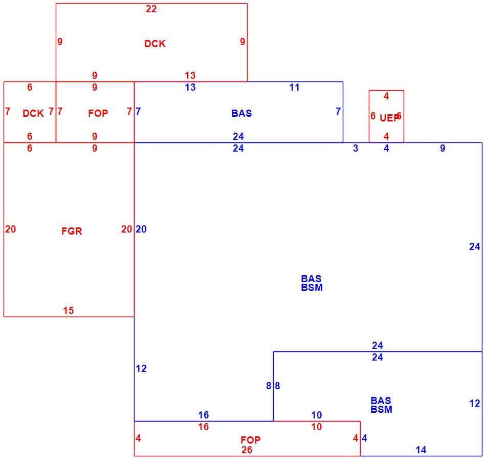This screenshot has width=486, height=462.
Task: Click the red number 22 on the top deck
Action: coord(151,9)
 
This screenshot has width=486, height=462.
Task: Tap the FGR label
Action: coord(72,231)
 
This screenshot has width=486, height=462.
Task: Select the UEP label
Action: coord(389,118)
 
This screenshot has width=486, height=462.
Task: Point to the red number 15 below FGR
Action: coord(69,310)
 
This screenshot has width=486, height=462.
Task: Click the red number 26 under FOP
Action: coord(247,450)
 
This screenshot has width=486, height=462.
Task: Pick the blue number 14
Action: coord(421,450)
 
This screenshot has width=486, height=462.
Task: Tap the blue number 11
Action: coord(295,88)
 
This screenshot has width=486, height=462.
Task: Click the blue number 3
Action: coord(356,149)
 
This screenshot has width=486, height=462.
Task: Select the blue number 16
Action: coord(204,415)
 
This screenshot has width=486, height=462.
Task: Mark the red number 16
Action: coord(204,427)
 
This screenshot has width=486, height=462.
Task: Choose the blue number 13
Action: coord(190,88)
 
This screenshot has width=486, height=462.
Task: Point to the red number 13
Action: coord(190,75)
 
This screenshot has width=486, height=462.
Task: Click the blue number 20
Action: coord(141,229)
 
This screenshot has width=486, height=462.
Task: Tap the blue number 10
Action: coord(317,415)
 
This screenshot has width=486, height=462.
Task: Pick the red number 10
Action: coord(317,427)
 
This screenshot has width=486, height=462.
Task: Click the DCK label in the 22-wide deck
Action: coord(155,44)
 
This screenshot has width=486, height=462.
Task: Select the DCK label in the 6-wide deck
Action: coord(33,114)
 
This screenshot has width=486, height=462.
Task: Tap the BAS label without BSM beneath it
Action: coord(242,113)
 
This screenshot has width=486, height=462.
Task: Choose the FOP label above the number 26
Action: coord(251,440)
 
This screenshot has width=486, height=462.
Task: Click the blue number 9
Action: coord(443,149)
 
